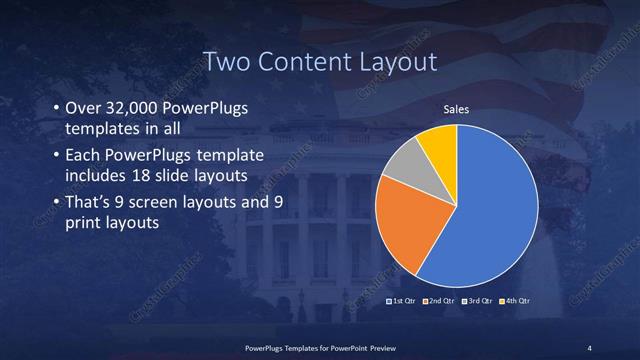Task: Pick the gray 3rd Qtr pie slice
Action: click(408, 163)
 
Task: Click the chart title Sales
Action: click(457, 109)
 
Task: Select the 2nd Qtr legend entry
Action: click(442, 300)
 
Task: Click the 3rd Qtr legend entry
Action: click(479, 300)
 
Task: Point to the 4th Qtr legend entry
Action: click(516, 300)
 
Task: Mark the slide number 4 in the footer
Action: click(590, 347)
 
